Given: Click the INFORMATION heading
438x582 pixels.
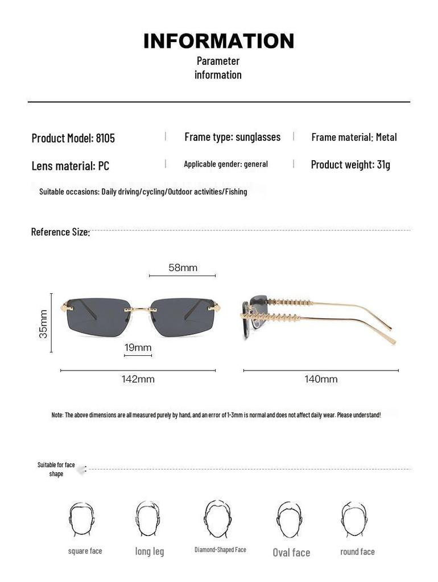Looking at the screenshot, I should coord(218,41).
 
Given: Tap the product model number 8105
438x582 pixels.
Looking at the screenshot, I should coord(105,138).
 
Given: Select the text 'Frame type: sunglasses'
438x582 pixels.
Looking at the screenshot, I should coord(232,137).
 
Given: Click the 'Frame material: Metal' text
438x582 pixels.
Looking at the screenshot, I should coord(354,137).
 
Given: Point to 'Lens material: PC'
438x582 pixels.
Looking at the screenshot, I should coord(70,166).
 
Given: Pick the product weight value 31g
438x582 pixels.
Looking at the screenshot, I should coord(383,165).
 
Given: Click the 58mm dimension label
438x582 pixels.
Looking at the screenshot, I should coord(183,268).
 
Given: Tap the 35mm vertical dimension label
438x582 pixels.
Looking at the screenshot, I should coord(44,324).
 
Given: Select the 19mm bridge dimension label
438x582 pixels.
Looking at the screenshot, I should coord(138,347).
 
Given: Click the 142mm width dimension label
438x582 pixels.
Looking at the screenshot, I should coord(138,379).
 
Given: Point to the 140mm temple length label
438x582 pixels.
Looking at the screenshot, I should coord(321,379).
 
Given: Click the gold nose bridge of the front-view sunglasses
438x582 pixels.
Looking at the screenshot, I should coord(141,310).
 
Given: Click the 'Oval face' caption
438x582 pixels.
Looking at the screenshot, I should coord(291,552).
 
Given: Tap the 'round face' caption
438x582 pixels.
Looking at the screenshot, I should coord(357,552).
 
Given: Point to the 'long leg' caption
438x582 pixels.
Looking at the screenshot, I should coord(150,551).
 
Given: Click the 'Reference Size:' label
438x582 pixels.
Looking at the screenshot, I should coord(60,232).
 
